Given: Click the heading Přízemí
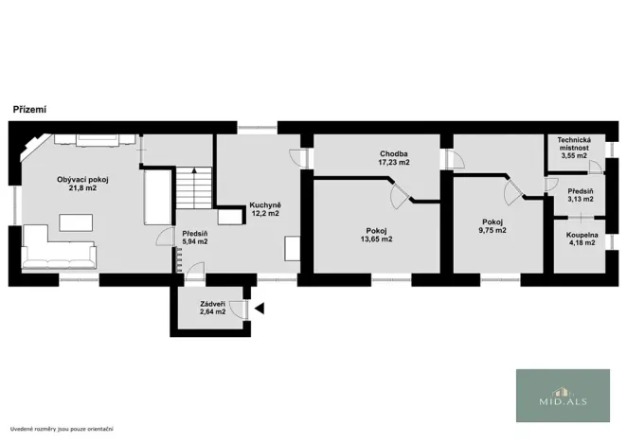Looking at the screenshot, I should pos(29,110).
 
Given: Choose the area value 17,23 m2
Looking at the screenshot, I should pos(393,162).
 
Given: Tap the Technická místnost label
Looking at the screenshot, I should pos(574,143).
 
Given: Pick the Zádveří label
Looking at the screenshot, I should pos(212,304).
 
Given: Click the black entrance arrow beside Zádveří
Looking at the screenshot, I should pos(259,308).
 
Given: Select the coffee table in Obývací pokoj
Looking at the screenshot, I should pos(76,221).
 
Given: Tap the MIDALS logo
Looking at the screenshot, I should pos(563,395).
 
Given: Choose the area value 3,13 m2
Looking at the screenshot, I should pos(580,199).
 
